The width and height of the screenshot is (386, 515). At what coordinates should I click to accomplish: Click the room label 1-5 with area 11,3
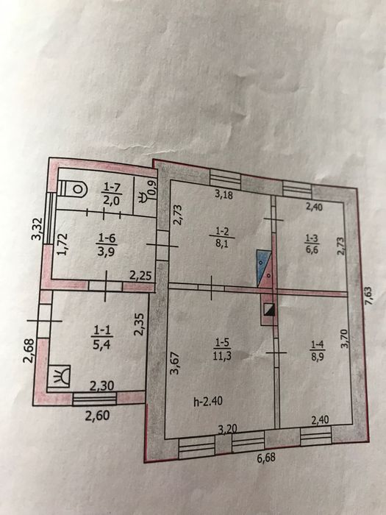tap(222, 349)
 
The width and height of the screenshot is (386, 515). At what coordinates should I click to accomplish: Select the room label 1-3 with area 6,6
tap(312, 244)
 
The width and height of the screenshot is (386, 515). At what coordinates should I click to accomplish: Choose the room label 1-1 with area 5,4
tap(102, 337)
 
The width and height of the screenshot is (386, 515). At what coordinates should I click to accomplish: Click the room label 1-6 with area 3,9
tap(107, 244)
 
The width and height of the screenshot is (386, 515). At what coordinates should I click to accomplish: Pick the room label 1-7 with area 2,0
tap(112, 193)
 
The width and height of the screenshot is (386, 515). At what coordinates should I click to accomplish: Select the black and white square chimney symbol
tap(269, 310)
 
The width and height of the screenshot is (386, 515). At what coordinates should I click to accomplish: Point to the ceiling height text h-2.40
tap(208, 401)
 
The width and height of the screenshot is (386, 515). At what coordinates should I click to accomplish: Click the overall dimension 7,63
tap(370, 296)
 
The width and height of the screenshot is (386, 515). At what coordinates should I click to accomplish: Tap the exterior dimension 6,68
tap(266, 458)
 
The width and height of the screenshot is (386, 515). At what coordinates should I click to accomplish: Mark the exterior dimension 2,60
tap(97, 416)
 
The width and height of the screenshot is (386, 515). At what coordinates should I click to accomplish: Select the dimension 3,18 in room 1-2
tap(224, 194)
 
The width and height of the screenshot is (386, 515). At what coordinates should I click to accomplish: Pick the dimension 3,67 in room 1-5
tap(176, 363)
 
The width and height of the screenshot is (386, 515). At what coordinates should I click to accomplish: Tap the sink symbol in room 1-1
tap(59, 377)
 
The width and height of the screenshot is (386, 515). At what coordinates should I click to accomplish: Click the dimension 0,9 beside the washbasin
tap(153, 190)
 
